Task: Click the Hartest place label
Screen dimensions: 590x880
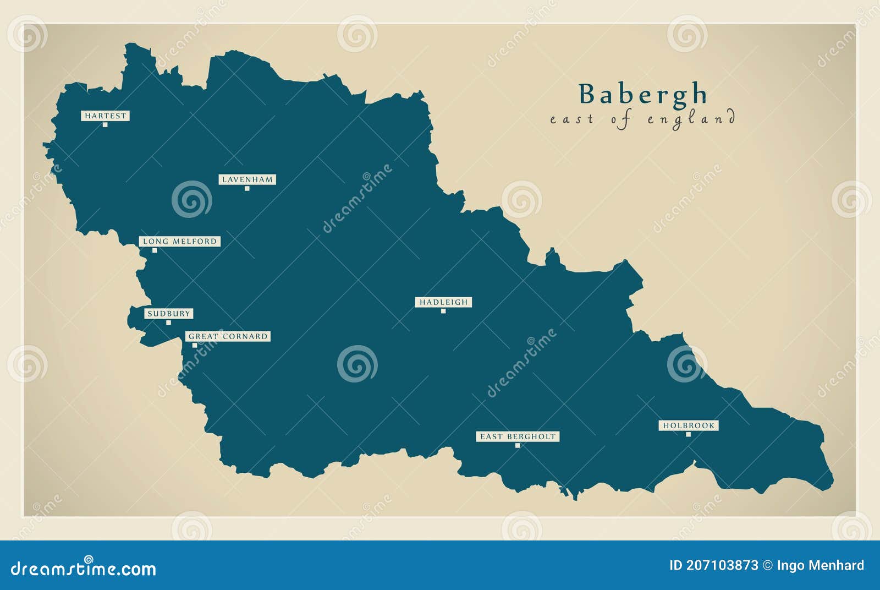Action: pos(105,116)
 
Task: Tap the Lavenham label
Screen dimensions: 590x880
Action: pos(247,179)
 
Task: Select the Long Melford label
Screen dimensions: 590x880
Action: pos(179,241)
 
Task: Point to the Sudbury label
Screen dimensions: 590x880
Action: pos(168,314)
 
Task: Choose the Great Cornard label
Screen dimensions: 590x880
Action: pos(228,336)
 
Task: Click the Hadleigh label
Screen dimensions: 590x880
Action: pos(443,302)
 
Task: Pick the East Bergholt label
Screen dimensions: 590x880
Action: pos(518,436)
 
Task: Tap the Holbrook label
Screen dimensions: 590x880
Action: pos(689,425)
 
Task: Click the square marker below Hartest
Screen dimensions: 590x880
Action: pos(105,125)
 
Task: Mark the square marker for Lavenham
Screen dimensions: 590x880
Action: pos(247,189)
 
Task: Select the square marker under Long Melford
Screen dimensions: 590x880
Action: pos(155,250)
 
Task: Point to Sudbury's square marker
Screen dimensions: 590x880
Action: pos(168,323)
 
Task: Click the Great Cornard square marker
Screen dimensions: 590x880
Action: pos(195,346)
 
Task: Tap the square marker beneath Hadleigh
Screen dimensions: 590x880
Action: pos(443,312)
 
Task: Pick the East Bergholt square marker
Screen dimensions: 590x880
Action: pos(518,445)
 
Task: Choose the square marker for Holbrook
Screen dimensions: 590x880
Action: pos(688,435)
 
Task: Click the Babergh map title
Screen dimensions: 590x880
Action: pos(642,94)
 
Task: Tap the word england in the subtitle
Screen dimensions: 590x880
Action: pos(691,119)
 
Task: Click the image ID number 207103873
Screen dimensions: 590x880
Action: pos(721,565)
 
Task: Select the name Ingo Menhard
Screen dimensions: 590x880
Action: pos(820,565)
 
